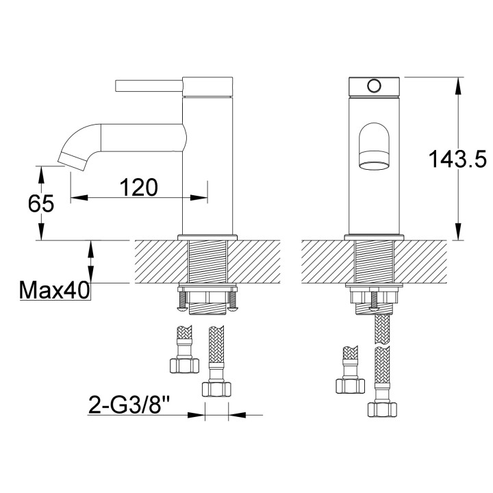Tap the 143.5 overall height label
click(x=457, y=159)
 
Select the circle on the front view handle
click(x=373, y=86)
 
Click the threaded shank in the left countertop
click(x=207, y=262)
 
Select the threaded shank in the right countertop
click(x=373, y=262)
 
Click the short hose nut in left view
click(x=181, y=364)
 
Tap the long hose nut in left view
click(x=215, y=388)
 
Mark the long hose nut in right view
click(x=382, y=409)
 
